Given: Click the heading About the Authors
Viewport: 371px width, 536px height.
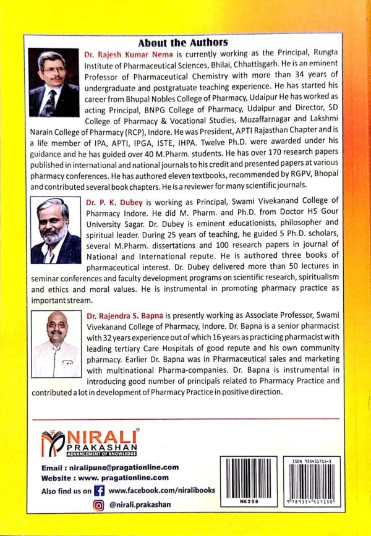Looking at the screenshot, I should coord(182,43).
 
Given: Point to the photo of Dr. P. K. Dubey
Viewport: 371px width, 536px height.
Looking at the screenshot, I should coord(56,231).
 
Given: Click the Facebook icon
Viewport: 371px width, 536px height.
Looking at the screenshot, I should coord(98,490).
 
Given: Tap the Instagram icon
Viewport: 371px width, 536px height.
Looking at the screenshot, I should coord(98,505).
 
